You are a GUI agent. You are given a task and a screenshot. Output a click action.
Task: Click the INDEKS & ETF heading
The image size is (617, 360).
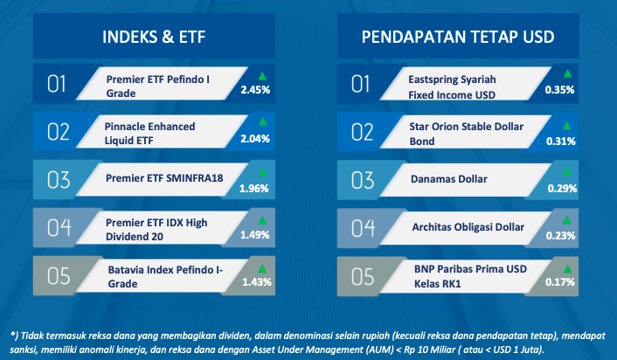point(154,37)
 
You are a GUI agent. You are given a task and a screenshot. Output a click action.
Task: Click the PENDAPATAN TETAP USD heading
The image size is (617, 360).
point(458,37)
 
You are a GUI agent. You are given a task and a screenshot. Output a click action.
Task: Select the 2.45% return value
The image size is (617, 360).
point(255,90)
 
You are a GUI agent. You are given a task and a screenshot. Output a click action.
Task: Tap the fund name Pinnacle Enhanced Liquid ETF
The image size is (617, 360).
point(150,134)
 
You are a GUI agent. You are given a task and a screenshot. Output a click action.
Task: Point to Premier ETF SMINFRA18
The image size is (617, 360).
point(164,178)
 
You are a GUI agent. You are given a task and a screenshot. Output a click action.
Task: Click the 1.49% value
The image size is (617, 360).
point(255,235)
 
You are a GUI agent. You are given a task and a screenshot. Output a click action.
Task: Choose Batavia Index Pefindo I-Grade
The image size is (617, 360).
point(166,277)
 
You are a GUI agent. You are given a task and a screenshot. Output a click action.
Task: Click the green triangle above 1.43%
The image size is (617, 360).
point(262,269)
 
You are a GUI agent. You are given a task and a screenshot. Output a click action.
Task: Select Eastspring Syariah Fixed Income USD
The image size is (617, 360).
point(452,87)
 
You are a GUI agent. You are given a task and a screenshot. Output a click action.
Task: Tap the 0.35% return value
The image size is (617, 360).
point(559,90)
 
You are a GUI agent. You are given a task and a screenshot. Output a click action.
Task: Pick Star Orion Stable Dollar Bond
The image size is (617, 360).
point(467,134)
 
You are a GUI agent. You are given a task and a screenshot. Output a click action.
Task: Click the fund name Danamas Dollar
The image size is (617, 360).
point(449,179)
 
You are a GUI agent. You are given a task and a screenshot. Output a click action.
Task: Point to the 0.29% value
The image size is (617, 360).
point(562,189)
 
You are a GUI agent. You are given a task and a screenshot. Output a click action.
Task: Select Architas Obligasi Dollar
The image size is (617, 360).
point(468,227)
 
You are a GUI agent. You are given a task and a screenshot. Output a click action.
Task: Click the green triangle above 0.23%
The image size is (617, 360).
point(566,219)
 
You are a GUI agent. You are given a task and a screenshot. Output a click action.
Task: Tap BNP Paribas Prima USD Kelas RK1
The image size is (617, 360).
point(470,276)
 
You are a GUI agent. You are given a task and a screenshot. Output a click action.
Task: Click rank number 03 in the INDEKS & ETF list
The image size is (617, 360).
point(59,180)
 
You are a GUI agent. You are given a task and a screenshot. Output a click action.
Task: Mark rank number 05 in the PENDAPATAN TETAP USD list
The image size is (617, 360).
point(363,277)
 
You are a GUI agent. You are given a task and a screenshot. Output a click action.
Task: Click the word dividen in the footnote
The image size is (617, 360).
point(236,336)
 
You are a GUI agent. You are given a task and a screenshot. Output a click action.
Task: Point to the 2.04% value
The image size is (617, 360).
point(255,138)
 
